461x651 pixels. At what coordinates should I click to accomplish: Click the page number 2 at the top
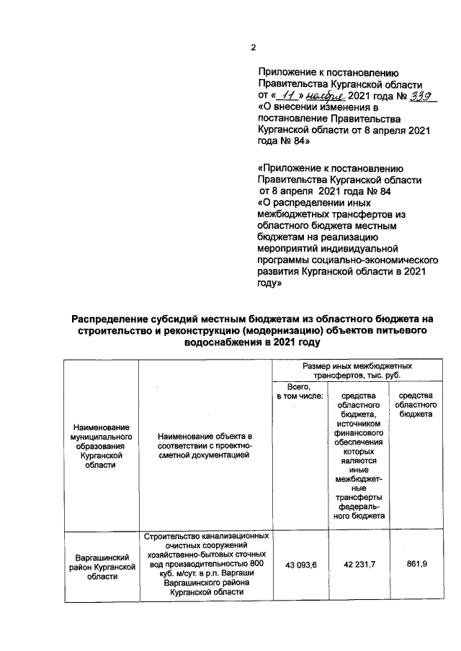coord(253,48)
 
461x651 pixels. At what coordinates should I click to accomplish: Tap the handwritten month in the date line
coord(325,95)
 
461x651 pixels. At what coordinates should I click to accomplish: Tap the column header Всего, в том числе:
coord(298,391)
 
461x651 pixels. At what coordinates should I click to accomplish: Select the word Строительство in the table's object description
coord(173,537)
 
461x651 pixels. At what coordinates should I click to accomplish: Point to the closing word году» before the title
coord(269,284)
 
